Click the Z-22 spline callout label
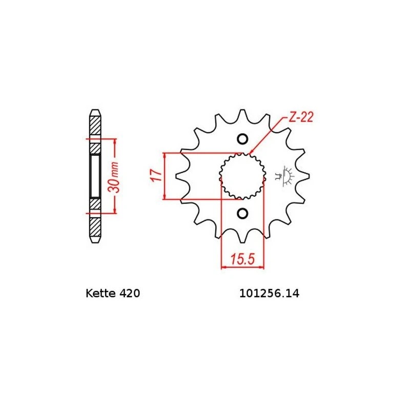[x=301, y=117]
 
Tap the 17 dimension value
[x=156, y=176]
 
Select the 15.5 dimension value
[x=242, y=259]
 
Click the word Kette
[x=100, y=293]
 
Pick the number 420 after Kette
[x=130, y=293]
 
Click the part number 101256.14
[x=270, y=293]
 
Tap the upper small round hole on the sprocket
[x=242, y=139]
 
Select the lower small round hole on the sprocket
[x=242, y=214]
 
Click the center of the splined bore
[x=242, y=176]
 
